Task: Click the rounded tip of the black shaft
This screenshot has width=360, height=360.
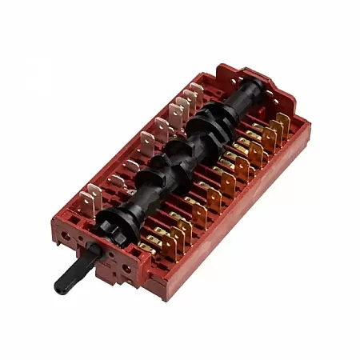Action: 59,286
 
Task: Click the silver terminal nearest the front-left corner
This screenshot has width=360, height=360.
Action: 93,195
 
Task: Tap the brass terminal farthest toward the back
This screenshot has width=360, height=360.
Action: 282,122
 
